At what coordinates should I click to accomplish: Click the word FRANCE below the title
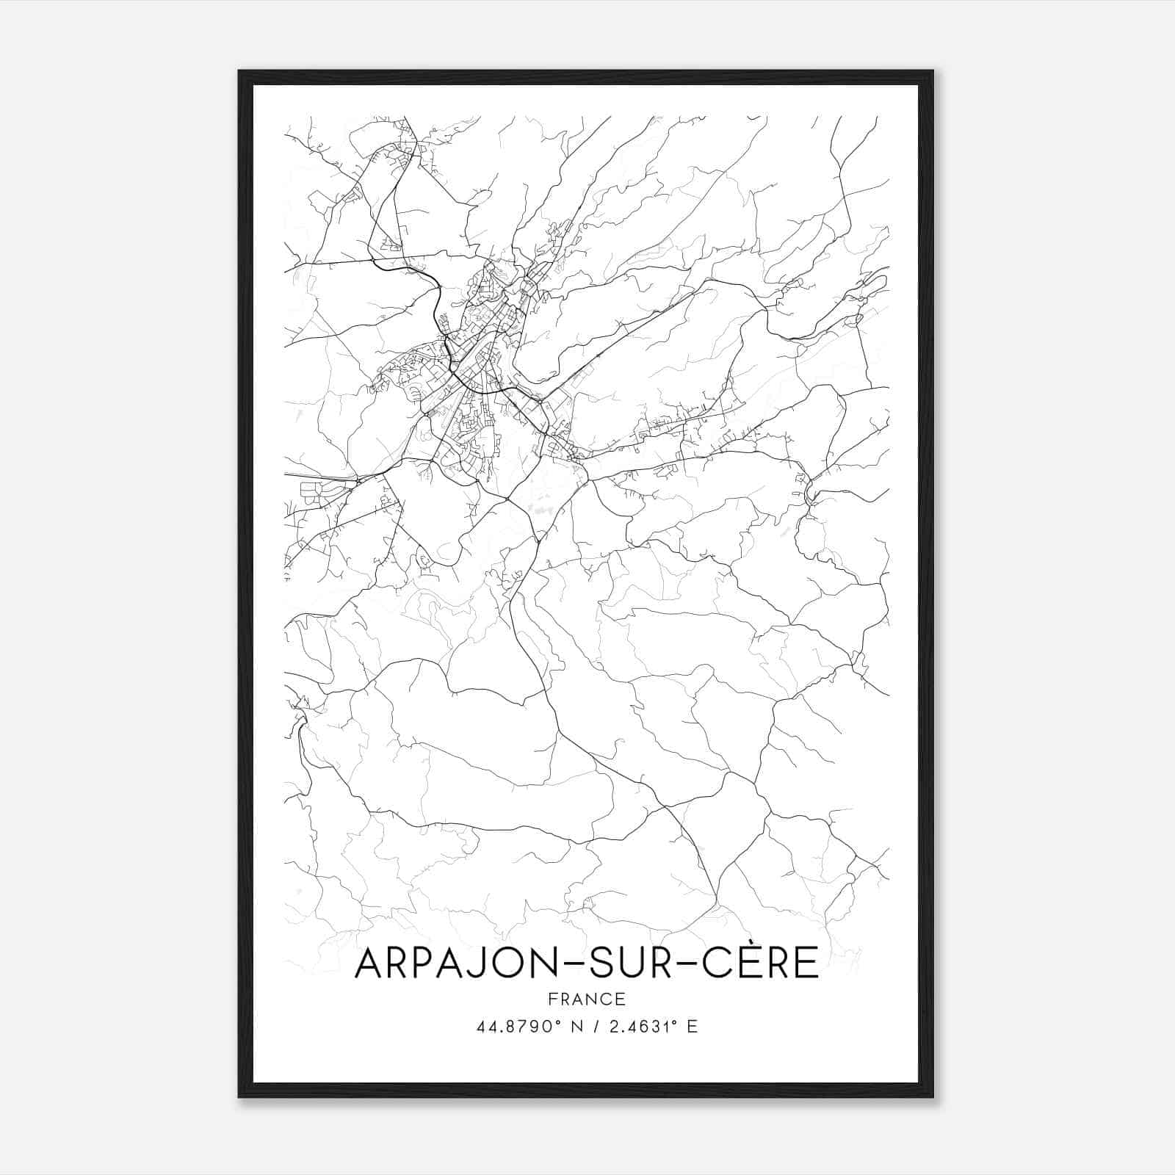tap(586, 999)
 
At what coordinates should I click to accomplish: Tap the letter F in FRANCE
tap(552, 999)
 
